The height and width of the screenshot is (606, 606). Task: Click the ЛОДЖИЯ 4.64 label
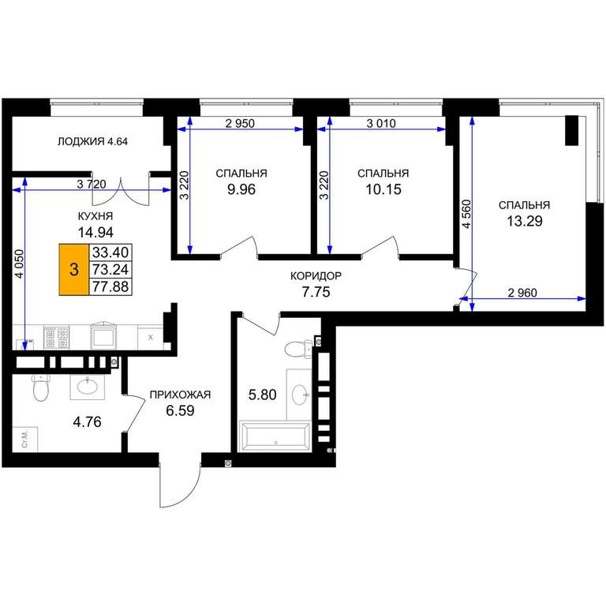(92, 141)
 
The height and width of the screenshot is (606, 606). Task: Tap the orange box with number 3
(74, 269)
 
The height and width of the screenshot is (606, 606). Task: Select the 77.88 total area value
(110, 286)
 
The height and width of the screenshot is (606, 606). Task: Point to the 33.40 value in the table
(110, 252)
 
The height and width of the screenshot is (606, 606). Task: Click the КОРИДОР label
(316, 276)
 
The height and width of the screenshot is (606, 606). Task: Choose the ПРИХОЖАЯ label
(180, 395)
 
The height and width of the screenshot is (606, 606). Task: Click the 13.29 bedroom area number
(525, 221)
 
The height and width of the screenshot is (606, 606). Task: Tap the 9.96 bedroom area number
(241, 189)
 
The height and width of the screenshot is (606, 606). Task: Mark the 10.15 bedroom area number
(383, 189)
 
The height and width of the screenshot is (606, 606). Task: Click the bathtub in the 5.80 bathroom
(275, 436)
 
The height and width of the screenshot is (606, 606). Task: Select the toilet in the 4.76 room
(40, 387)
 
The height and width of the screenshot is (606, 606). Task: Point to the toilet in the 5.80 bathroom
(298, 349)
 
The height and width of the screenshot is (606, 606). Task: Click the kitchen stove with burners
(57, 337)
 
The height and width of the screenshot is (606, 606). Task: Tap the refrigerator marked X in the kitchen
(151, 337)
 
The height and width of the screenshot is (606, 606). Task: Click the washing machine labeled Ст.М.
(25, 440)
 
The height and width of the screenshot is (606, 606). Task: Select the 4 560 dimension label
(467, 214)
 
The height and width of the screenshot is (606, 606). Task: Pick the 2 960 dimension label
(522, 293)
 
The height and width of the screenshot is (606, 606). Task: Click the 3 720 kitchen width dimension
(92, 184)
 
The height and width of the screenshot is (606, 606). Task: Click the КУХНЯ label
(95, 216)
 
